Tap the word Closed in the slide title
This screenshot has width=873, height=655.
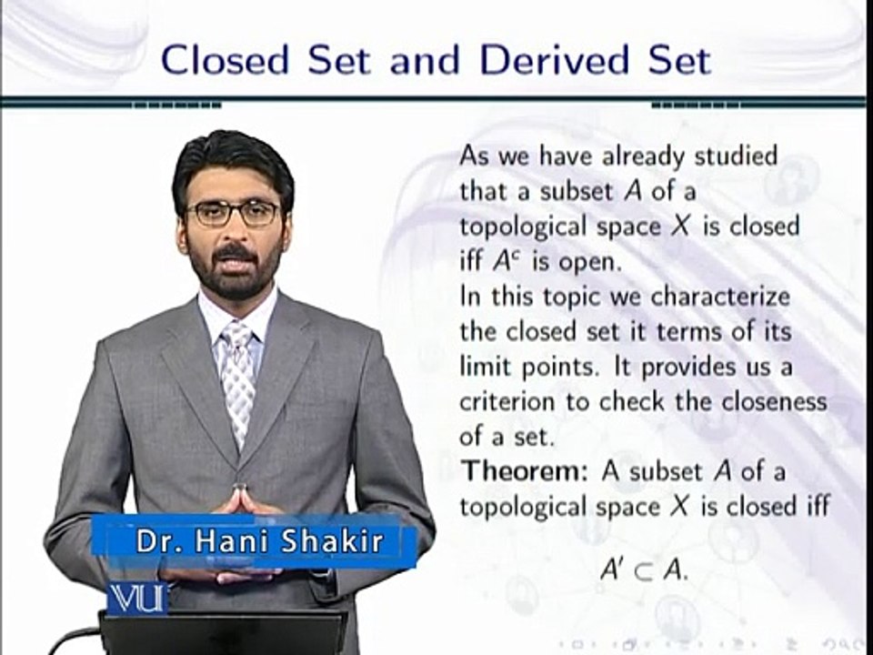tap(225, 60)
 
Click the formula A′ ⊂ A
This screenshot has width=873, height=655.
tap(644, 569)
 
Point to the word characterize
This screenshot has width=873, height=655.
tap(720, 297)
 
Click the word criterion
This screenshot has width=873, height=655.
tap(507, 401)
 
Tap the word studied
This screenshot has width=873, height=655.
tap(736, 156)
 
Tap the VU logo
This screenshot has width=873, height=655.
tap(137, 599)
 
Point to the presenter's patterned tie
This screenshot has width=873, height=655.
tap(237, 383)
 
